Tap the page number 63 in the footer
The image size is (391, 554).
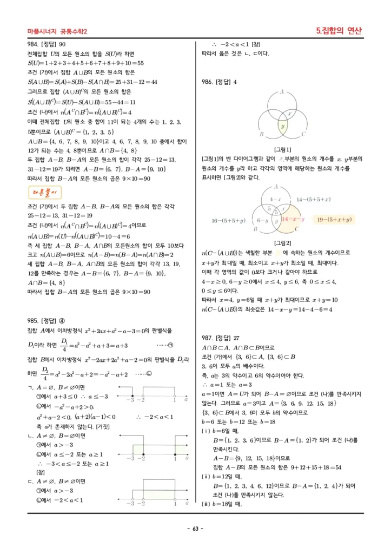pos(195,529)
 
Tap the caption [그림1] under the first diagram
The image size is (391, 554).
pos(283,149)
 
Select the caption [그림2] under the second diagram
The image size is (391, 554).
pos(283,243)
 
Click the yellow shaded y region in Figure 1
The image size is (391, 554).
pos(282,126)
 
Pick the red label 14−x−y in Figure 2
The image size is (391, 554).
pos(293,219)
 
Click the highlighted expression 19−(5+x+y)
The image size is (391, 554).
pos(334,219)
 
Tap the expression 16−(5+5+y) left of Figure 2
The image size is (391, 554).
pos(229,220)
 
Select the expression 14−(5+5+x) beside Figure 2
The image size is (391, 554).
pos(314,199)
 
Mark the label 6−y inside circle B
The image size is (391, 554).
pos(262,220)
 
